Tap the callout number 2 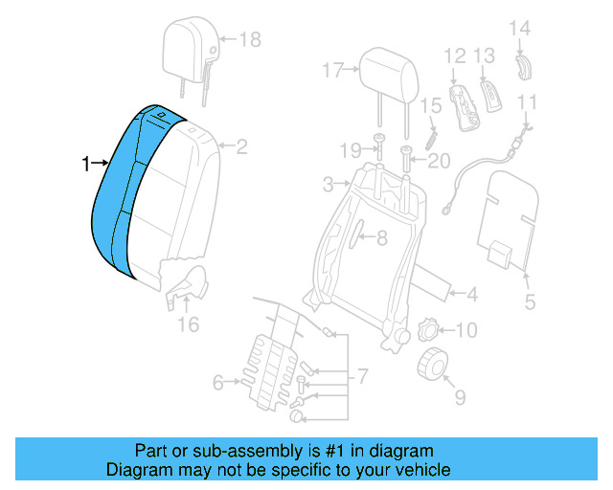click(241, 147)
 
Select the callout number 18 click(249, 39)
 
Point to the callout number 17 click(332, 70)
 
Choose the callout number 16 click(188, 325)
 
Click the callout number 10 click(465, 331)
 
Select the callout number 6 click(216, 384)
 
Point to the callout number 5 click(530, 304)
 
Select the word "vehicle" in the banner click(420, 471)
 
